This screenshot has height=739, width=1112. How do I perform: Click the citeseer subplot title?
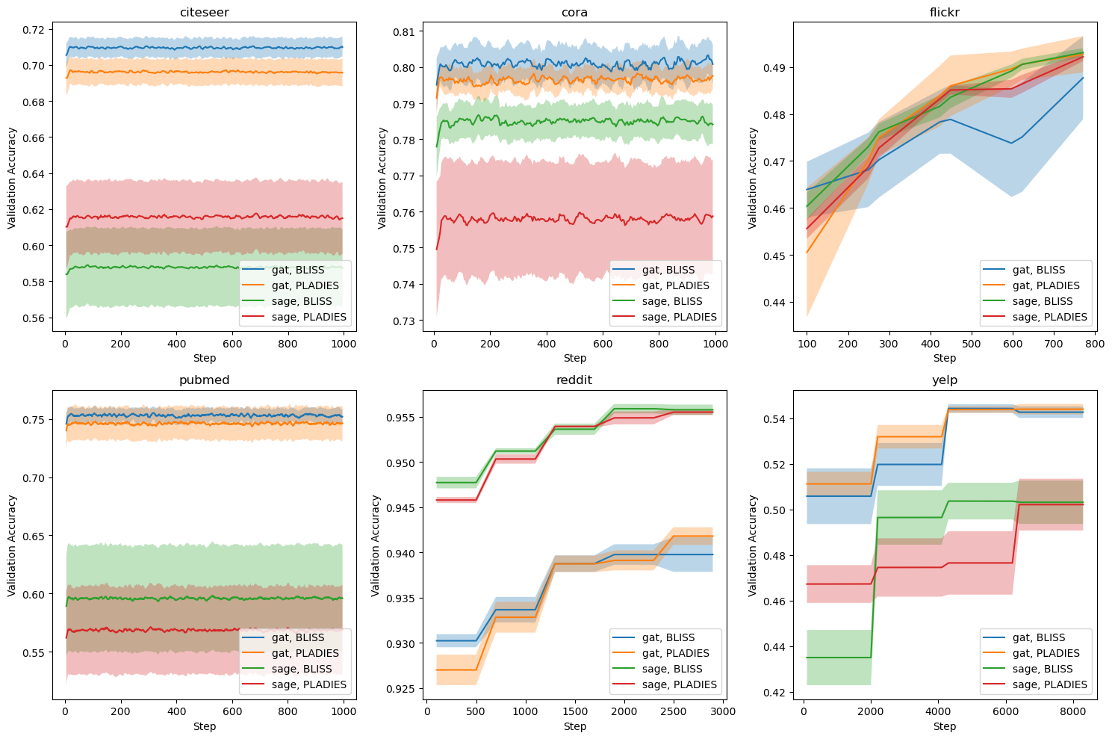pos(204,12)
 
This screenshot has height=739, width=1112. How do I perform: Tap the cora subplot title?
pos(574,12)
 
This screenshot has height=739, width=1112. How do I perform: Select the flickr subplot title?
pos(945,12)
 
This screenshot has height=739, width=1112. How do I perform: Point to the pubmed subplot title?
pos(204,380)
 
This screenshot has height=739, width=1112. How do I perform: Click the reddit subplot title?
pos(574,380)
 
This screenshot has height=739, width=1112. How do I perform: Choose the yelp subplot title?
pos(945,380)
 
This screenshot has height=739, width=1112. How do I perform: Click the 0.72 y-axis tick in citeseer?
pos(34,30)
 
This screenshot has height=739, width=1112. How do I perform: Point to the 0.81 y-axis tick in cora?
pos(405,32)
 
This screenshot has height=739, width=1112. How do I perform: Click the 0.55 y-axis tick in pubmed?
pos(34,652)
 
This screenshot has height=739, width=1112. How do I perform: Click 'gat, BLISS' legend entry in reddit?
pos(668,637)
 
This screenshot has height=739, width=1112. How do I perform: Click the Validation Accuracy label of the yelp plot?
pos(753,545)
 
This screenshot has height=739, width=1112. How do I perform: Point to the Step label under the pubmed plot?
pos(204,726)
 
